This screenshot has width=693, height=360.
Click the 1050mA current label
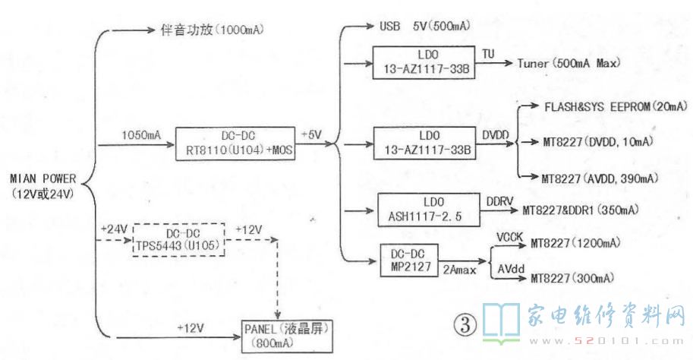(141, 134)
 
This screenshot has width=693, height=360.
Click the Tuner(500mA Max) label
(569, 63)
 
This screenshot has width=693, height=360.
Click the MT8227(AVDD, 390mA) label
(600, 178)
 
